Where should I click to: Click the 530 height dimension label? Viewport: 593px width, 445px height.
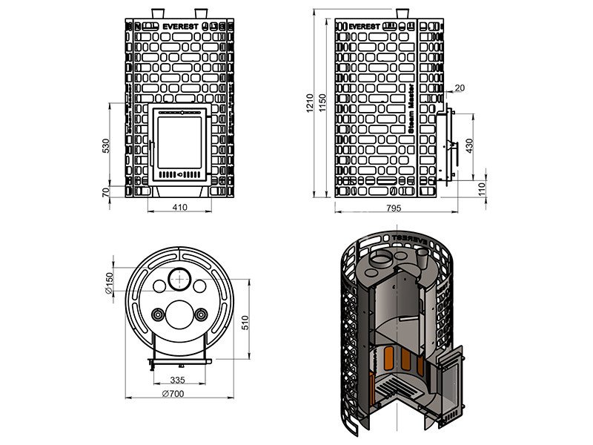click(x=106, y=145)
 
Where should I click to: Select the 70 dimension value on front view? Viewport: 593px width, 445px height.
click(x=106, y=192)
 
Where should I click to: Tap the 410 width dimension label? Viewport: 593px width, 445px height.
click(x=179, y=208)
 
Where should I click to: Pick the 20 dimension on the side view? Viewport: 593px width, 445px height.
click(x=460, y=88)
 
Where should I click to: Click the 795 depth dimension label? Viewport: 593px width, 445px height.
click(x=393, y=208)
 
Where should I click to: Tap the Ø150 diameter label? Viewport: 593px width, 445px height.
click(x=108, y=284)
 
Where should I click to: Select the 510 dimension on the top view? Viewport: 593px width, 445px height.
click(x=246, y=323)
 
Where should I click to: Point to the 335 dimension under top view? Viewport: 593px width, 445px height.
click(x=177, y=380)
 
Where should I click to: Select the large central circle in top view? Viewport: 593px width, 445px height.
click(x=179, y=314)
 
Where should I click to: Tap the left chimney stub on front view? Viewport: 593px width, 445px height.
click(x=159, y=14)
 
